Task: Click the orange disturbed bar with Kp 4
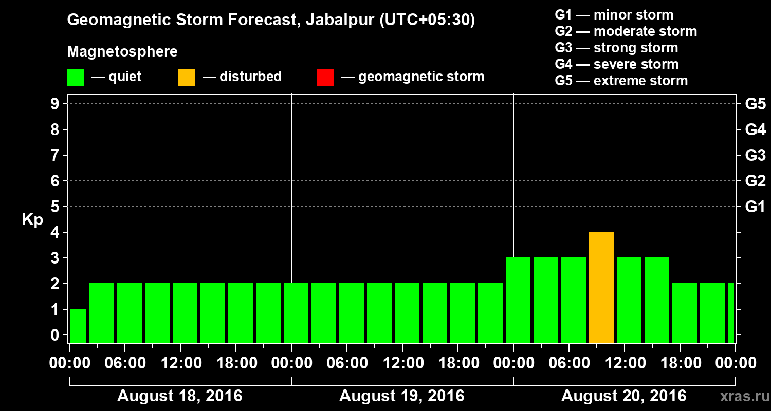coord(601,288)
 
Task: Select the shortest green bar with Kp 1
coord(78,326)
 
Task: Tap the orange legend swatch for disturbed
coord(186,78)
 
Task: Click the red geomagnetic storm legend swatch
coord(325,78)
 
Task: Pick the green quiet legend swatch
coord(75,78)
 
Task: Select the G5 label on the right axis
coord(755,104)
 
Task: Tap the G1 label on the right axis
coord(755,207)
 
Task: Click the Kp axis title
coord(32,220)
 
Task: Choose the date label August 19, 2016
coord(401,396)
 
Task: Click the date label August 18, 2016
coord(179,396)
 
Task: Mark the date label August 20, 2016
coord(623,396)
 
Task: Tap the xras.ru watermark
coord(740,396)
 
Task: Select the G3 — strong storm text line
coord(616,48)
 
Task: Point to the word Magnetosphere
coord(122,52)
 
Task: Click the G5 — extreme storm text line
coord(621,81)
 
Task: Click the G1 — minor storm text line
coord(614,15)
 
